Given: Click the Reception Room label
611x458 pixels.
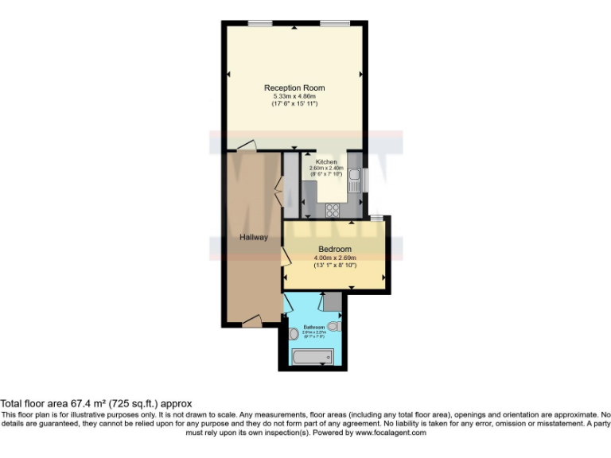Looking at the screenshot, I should click(294, 87).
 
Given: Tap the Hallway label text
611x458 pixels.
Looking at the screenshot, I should click(254, 237).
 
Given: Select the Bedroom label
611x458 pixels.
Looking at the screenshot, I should click(335, 249).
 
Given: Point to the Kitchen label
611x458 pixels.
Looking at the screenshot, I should click(327, 161).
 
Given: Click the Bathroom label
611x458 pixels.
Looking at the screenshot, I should click(313, 327).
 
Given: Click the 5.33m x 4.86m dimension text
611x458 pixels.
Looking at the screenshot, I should click(294, 96).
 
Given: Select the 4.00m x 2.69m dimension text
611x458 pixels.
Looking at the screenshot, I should click(335, 258).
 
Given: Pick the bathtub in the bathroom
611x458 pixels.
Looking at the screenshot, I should click(313, 356).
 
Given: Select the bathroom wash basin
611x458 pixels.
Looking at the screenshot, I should click(292, 333).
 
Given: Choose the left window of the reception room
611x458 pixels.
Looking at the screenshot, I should click(255, 24).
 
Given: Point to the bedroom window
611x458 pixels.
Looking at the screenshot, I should click(376, 217).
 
